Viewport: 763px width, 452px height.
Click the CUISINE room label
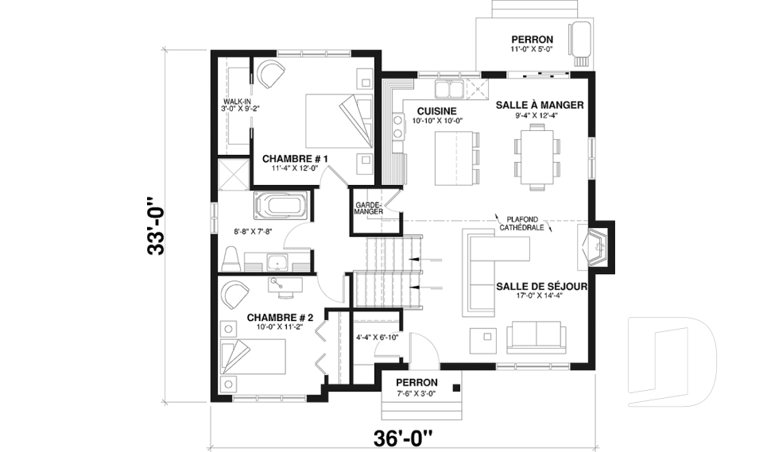(x=436, y=110)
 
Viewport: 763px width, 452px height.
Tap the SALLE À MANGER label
(x=540, y=105)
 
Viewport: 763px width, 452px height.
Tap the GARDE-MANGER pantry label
(x=370, y=208)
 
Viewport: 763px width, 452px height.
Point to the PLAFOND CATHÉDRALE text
(x=521, y=222)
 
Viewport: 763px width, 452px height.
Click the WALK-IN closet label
(x=236, y=105)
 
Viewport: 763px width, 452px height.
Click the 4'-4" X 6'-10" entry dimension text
(x=378, y=337)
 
